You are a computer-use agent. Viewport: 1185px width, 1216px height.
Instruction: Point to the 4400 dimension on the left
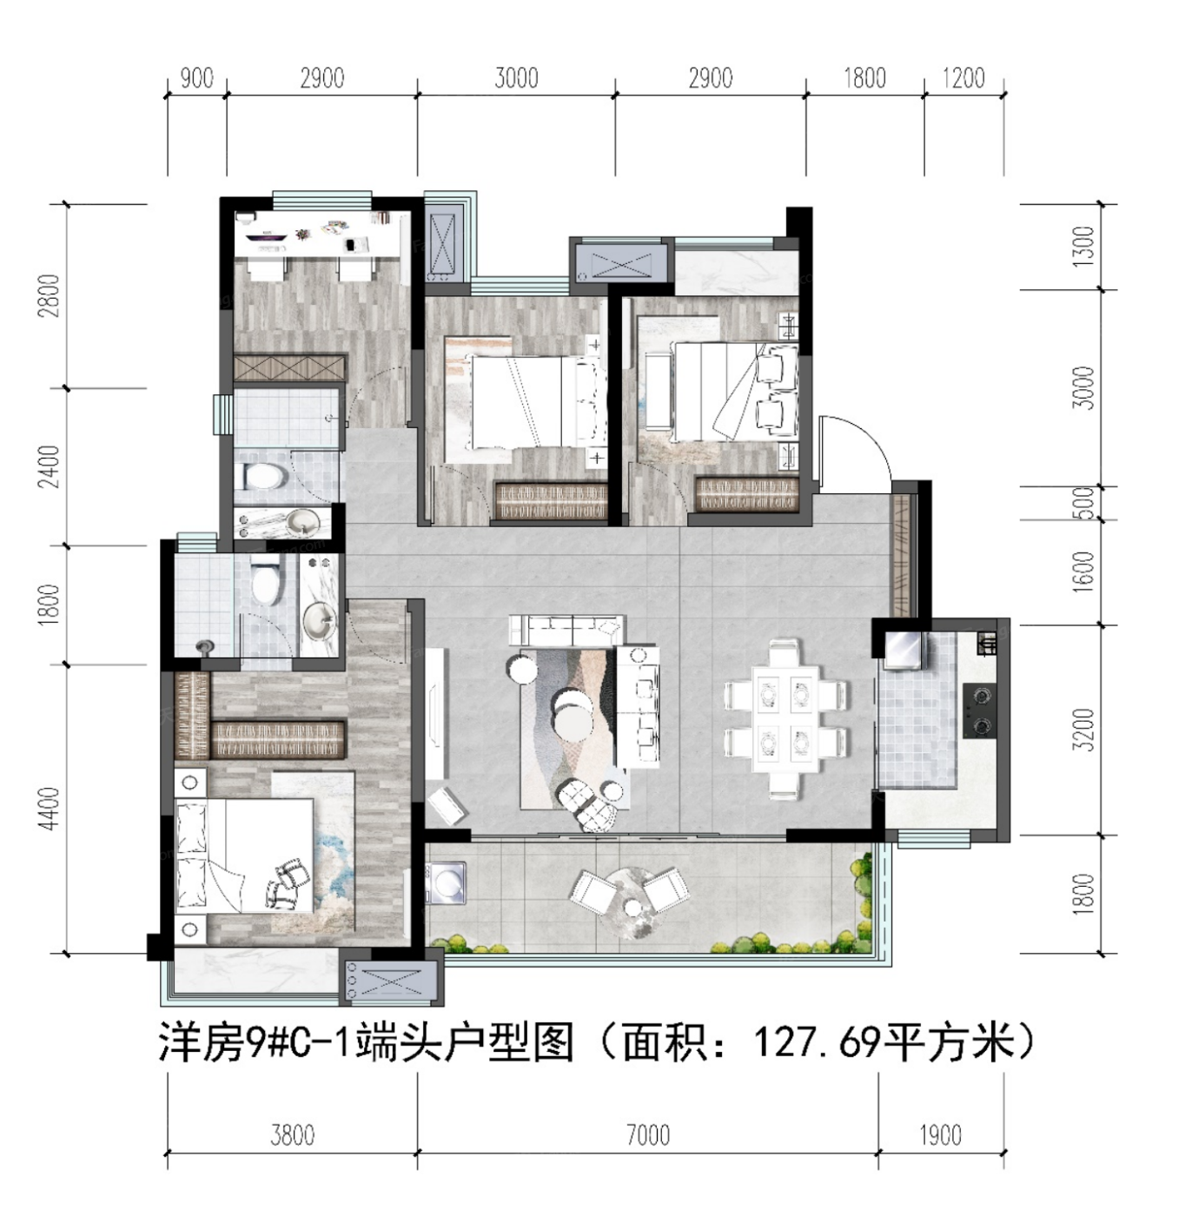click(49, 809)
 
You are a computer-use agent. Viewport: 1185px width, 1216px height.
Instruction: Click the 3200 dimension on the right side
click(1086, 730)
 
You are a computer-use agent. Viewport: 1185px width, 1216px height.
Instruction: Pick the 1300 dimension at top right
click(1086, 248)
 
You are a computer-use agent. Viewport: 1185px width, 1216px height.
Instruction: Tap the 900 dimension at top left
click(197, 79)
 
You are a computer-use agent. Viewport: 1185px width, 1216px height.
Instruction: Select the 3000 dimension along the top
click(516, 79)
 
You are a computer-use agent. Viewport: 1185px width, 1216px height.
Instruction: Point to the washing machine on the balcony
click(446, 883)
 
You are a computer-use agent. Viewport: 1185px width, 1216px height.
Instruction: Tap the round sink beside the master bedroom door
click(320, 621)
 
